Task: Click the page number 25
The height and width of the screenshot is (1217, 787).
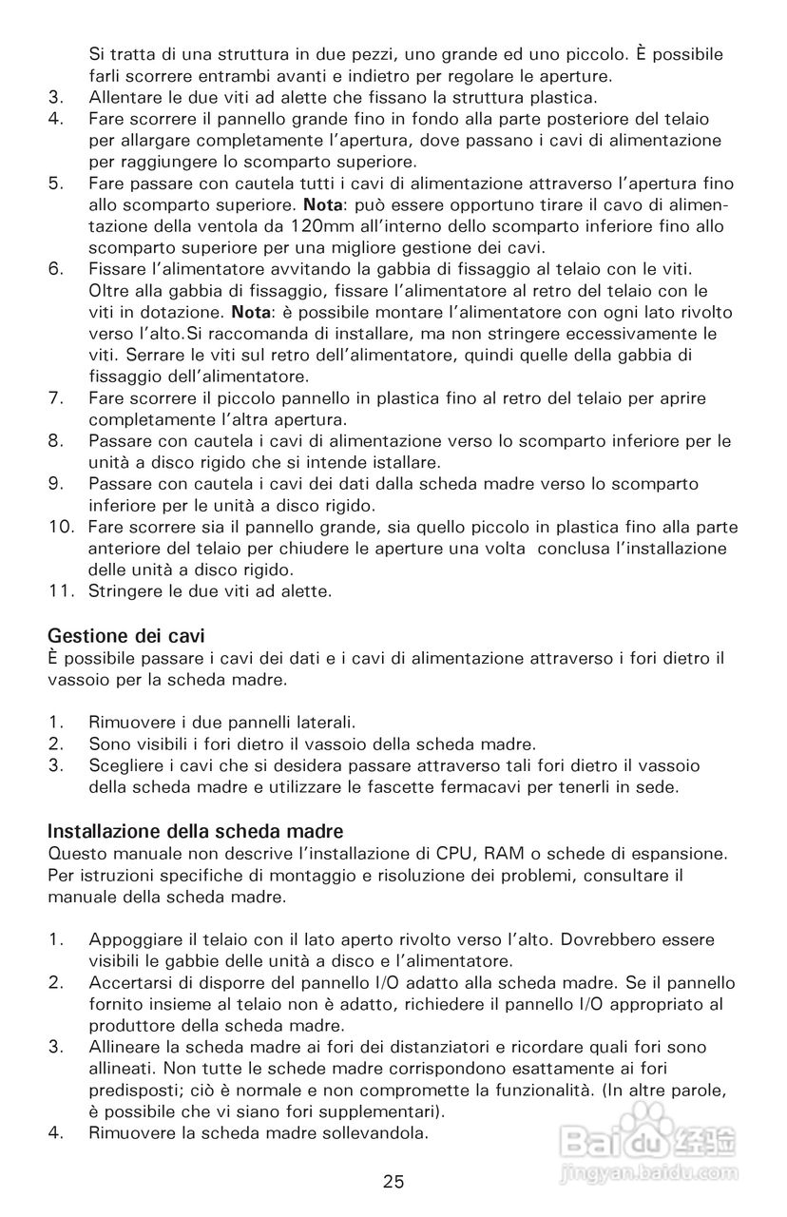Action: pos(393,1182)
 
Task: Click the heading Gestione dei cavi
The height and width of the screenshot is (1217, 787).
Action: pos(126,635)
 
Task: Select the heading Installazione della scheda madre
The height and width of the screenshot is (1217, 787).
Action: pos(195,830)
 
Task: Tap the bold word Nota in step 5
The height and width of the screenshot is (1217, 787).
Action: pos(319,205)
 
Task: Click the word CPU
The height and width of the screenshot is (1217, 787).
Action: pos(454,851)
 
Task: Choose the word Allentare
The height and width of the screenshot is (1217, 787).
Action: pos(127,98)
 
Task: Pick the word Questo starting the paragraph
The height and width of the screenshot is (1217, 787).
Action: pos(78,851)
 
